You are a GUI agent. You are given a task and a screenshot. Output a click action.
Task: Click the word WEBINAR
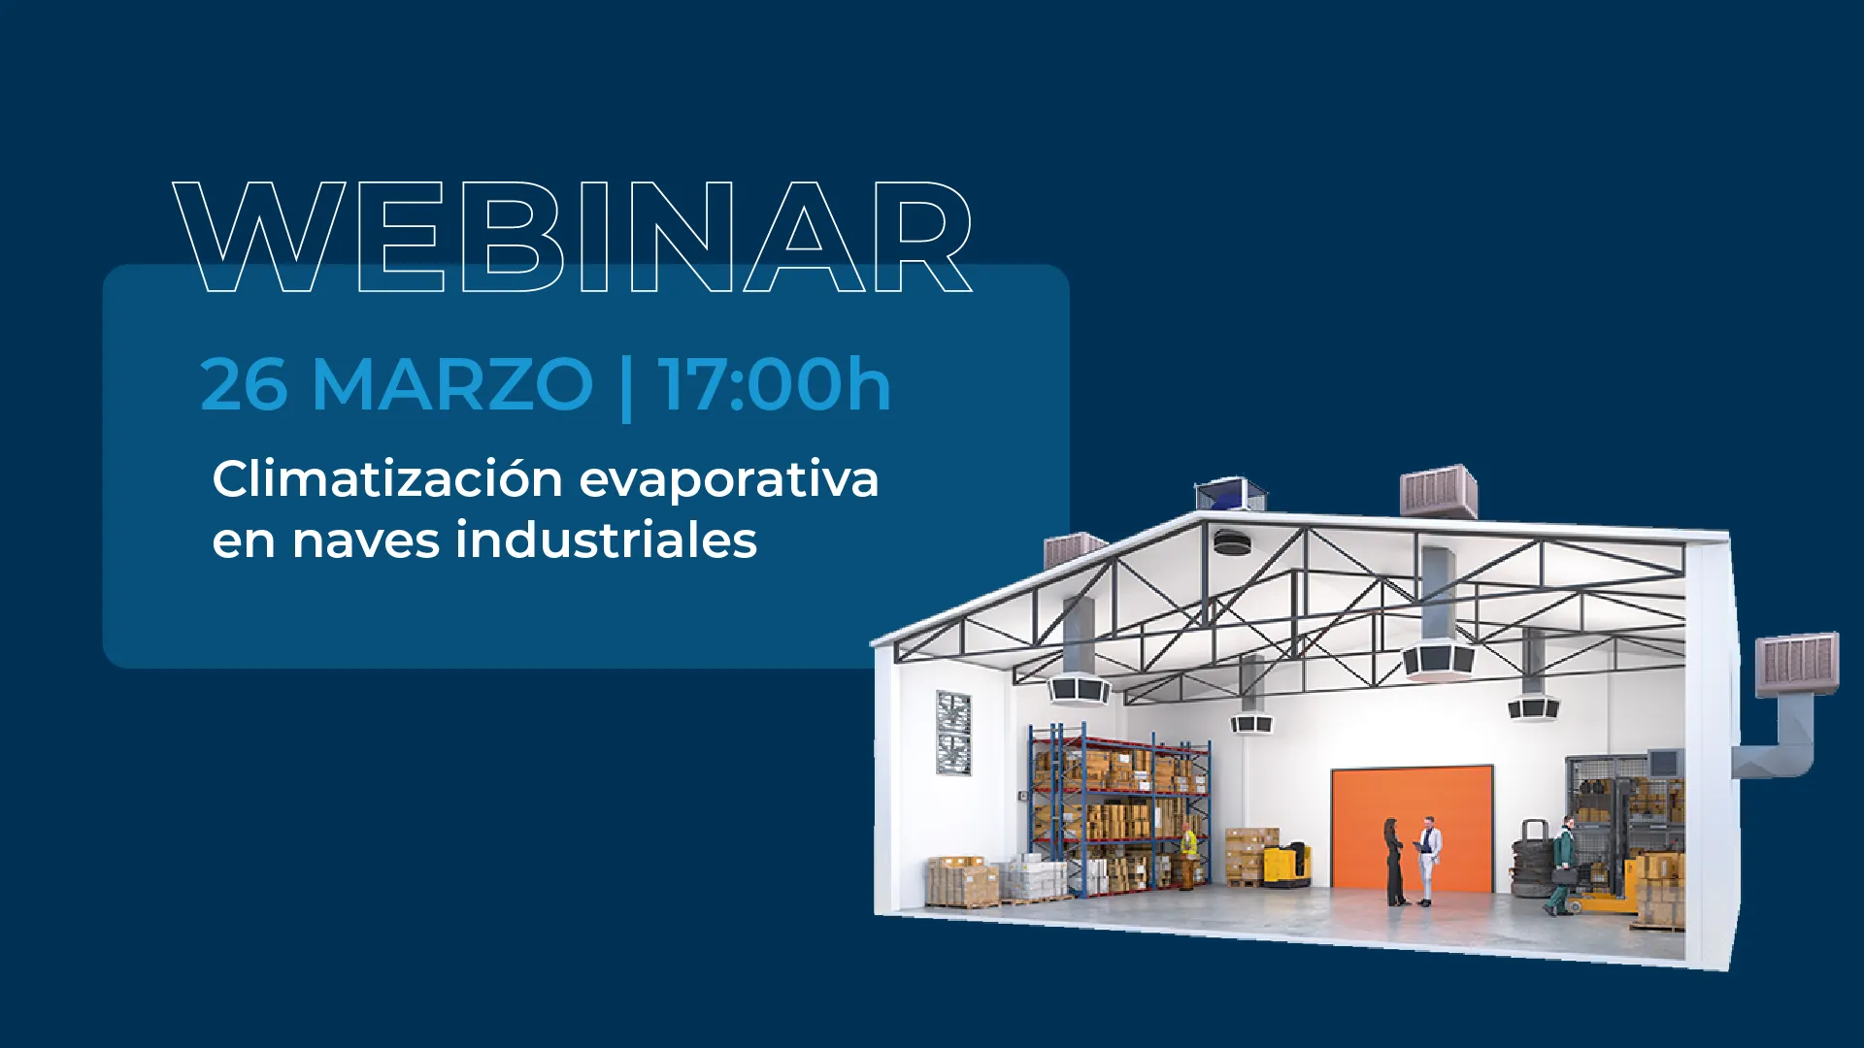pyautogui.click(x=573, y=237)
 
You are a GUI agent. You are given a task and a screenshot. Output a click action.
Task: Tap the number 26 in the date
pyautogui.click(x=244, y=384)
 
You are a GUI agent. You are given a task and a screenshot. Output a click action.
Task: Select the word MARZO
pyautogui.click(x=452, y=384)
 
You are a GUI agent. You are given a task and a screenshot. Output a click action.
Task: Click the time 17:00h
pyautogui.click(x=774, y=383)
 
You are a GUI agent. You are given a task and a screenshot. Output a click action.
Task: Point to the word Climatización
pyautogui.click(x=387, y=478)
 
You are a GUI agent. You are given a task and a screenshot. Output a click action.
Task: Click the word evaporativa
pyautogui.click(x=729, y=480)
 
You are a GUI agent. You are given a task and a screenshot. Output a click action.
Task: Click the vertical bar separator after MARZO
pyautogui.click(x=626, y=388)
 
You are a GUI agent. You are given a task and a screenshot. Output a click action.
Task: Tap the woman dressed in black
pyautogui.click(x=1394, y=862)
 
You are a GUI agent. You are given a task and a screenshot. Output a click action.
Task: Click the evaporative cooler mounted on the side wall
pyautogui.click(x=1797, y=665)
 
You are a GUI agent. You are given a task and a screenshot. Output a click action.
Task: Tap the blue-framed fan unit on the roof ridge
pyautogui.click(x=1231, y=494)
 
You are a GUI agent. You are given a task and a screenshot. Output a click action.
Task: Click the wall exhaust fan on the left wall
pyautogui.click(x=953, y=733)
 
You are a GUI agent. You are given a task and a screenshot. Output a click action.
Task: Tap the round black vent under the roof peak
pyautogui.click(x=1232, y=543)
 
